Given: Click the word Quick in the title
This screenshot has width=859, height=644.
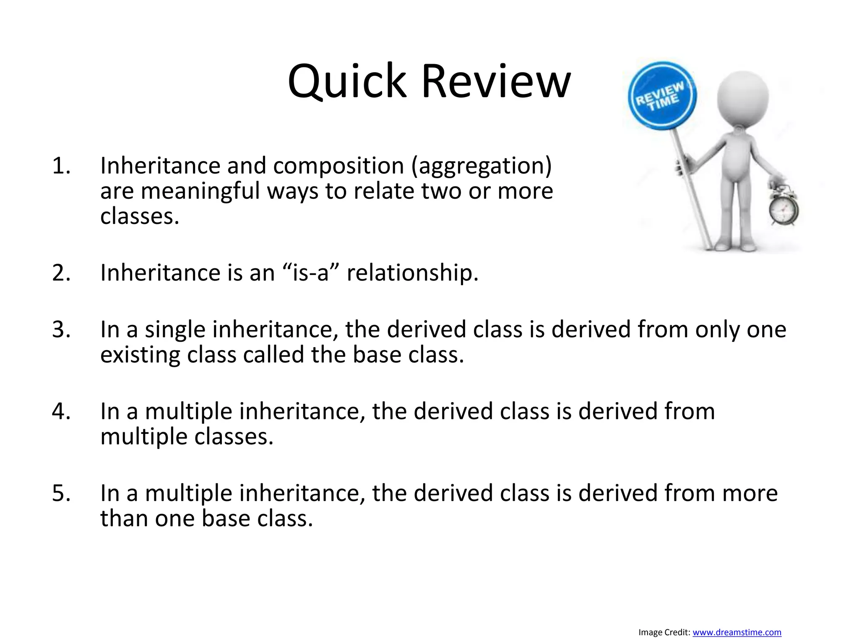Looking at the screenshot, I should coord(347,82).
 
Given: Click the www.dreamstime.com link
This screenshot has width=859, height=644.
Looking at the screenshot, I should coord(737,632).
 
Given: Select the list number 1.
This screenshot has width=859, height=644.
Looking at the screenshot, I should coord(61,166).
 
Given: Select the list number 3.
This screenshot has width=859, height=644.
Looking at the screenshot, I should coord(61,330).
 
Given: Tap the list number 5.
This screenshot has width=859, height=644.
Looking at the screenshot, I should coord(61,493).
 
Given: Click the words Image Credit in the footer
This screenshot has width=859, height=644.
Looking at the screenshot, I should coord(664,632).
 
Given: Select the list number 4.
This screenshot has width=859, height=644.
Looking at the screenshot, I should coord(61,411).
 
